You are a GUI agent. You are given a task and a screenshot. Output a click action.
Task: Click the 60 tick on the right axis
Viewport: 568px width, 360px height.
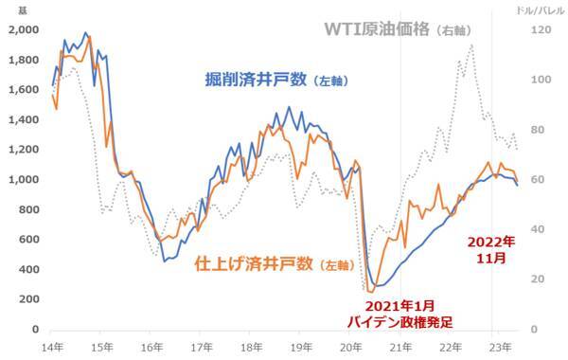point(537,179)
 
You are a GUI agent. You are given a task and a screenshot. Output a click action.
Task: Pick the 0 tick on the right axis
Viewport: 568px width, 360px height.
point(533,330)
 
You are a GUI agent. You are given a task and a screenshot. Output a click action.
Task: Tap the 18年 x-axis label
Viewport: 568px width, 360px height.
point(251,348)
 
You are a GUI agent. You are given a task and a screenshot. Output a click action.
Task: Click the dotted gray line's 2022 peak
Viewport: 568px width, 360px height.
point(471,45)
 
